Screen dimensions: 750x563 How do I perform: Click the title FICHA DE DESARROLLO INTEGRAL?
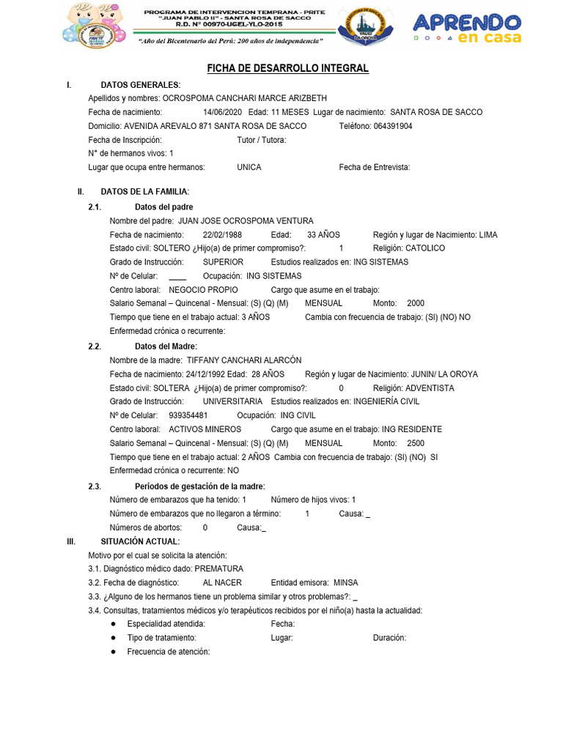(287, 68)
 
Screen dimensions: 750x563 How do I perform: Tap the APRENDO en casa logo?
(467, 28)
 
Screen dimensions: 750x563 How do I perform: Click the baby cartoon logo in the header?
(90, 26)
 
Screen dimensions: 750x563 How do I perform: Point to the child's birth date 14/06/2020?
(222, 112)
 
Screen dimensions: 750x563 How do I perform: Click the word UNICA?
(249, 167)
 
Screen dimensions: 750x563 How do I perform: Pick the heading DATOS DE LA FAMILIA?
(144, 191)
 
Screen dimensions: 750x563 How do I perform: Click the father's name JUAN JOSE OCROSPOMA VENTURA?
(246, 220)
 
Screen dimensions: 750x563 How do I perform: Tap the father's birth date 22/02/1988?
(222, 234)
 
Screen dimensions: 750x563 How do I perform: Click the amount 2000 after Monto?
(416, 303)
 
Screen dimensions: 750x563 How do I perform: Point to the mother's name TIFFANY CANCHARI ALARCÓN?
(244, 360)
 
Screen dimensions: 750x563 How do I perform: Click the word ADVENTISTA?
(430, 388)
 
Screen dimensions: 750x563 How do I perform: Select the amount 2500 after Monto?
(416, 443)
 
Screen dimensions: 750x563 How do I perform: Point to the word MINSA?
(346, 582)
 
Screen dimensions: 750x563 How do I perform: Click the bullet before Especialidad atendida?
(113, 624)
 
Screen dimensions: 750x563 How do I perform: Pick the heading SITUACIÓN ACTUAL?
(139, 541)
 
